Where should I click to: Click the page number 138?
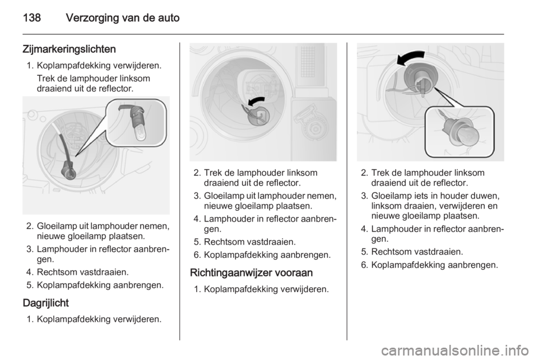pos(32,18)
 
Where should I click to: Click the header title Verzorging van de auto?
pos(123,18)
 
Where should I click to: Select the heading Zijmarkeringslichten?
pos(69,49)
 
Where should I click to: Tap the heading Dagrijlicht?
pos(45,303)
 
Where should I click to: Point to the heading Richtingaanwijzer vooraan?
pos(251,273)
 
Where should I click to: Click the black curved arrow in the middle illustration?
pos(256,101)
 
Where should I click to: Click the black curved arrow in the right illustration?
pos(410,57)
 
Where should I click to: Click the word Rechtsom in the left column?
pos(57,273)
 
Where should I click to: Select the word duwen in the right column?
pos(485,196)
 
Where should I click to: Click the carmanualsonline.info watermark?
pos(458,350)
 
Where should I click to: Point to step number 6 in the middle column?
pos(196,255)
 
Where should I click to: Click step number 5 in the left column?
pos(29,285)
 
